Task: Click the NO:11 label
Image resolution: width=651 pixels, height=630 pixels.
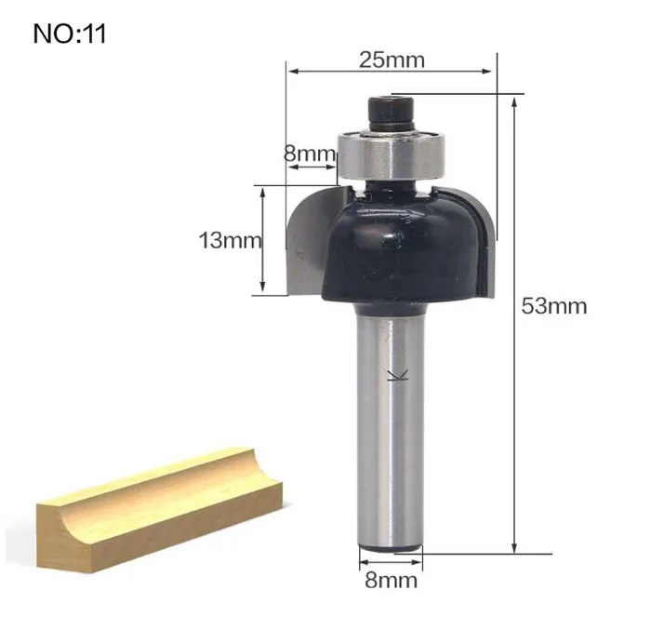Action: point(70,34)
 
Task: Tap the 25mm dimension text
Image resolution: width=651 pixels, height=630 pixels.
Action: point(392,60)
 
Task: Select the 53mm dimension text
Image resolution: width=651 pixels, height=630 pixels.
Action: point(554,306)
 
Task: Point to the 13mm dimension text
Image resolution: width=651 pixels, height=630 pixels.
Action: point(231,240)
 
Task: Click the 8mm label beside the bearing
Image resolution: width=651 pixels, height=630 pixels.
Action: point(310,154)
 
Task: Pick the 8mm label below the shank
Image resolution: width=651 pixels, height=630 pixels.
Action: point(392,580)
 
